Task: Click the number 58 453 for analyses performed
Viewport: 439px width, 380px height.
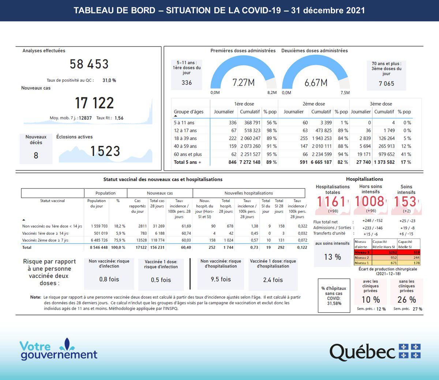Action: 89,64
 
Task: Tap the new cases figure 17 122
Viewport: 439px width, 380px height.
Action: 94,103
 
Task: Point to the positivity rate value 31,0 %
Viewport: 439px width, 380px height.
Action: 109,80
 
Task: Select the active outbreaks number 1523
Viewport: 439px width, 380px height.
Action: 105,151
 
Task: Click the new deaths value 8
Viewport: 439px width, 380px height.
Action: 36,156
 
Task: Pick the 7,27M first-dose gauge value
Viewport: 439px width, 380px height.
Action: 243,83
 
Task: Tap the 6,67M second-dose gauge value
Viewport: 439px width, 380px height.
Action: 316,83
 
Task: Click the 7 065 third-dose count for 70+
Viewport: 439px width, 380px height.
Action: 386,83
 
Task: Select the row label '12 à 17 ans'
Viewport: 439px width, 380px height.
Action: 185,130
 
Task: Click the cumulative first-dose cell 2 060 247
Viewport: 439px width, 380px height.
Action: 250,138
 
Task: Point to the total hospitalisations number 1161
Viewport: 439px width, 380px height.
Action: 331,201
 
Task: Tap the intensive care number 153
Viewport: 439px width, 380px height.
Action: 405,201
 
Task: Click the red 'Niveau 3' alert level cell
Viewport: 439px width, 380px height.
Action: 362,252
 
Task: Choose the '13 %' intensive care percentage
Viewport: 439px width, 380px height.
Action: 333,257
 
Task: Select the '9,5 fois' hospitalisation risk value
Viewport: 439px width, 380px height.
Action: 221,279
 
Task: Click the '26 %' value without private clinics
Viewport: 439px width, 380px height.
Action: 406,299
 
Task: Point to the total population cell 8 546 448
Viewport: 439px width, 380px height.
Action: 99,247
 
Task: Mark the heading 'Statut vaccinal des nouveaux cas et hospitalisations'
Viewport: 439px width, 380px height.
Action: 163,179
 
